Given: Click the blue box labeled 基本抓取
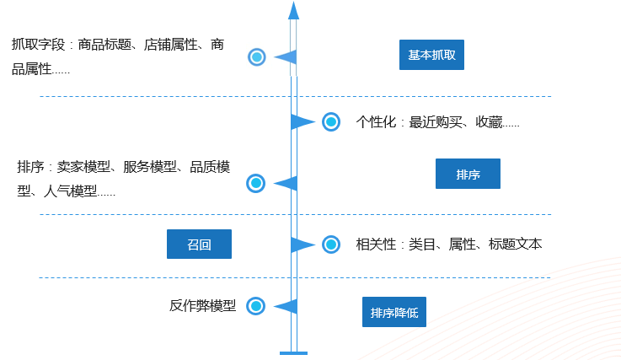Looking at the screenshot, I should tap(431, 55).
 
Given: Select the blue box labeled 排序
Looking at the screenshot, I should tap(468, 174).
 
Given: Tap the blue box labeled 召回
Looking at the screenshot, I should tap(199, 244).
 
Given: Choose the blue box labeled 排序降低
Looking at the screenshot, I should tap(394, 313).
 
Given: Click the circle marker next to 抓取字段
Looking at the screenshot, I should tap(257, 57).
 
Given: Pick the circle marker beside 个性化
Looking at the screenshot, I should tap(331, 122).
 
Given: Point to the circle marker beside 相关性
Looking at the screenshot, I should tap(331, 244).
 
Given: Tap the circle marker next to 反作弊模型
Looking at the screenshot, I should tap(256, 306).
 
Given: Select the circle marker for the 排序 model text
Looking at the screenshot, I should tap(256, 183).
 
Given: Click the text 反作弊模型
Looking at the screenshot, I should tap(203, 305).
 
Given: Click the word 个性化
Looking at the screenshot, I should tap(376, 122).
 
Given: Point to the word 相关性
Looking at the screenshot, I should tap(376, 244).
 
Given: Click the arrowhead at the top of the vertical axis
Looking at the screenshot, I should tap(293, 10).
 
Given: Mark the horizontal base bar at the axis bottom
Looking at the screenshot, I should tap(293, 352).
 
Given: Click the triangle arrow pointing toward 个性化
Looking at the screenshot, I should tap(302, 122).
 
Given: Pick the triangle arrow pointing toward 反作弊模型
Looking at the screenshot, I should tap(286, 306).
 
